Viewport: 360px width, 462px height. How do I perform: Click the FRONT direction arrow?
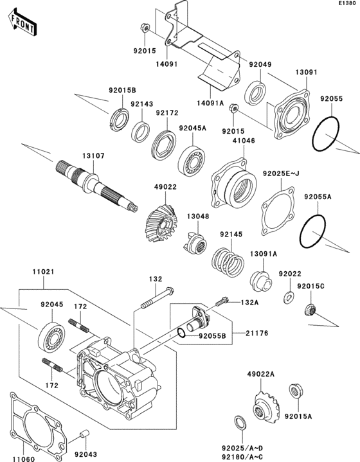[21, 25]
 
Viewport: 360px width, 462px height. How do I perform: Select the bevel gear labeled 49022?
[160, 224]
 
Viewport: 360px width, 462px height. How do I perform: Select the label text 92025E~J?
[282, 173]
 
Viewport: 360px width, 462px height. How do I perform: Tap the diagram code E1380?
[348, 4]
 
